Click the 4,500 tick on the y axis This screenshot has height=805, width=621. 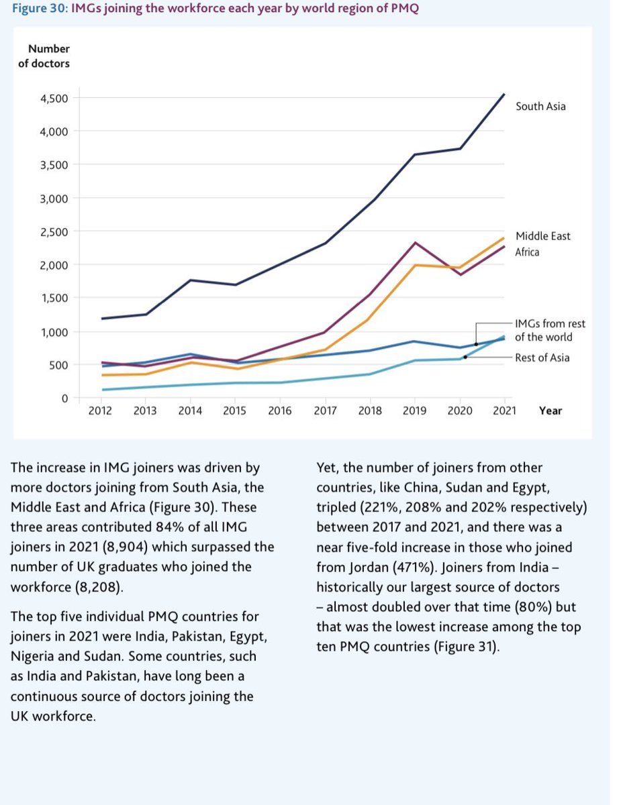tap(54, 99)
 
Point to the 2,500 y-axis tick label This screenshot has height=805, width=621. tap(54, 231)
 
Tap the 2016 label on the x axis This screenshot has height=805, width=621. tap(280, 411)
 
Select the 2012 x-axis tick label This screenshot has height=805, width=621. tap(101, 411)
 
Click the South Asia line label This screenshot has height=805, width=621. tap(540, 106)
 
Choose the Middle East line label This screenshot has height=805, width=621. tap(542, 236)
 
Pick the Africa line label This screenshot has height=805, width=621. tap(527, 252)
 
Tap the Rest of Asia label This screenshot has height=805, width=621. tap(542, 358)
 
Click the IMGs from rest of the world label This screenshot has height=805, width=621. tap(543, 331)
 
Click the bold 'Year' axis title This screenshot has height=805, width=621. tap(550, 411)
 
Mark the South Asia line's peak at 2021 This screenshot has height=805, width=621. tap(504, 95)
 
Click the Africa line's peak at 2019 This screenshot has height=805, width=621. tap(415, 242)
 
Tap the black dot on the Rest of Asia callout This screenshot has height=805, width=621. tap(465, 358)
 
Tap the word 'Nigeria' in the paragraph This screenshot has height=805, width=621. tap(31, 655)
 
